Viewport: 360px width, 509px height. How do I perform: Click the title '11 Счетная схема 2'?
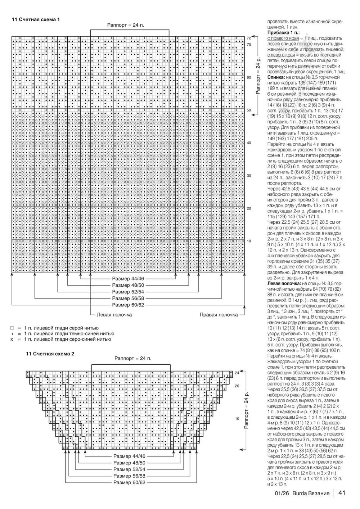pos(50,354)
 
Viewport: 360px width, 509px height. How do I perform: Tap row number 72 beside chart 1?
pos(249,38)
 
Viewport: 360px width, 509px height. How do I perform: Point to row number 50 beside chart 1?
pos(249,110)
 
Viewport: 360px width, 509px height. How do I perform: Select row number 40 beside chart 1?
pos(249,143)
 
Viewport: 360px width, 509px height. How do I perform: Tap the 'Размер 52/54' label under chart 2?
pos(129,469)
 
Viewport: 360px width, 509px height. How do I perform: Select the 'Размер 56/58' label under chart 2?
pos(129,476)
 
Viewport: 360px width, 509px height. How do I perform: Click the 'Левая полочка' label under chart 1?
pos(114,314)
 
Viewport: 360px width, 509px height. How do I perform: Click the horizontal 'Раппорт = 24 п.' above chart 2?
pos(133,358)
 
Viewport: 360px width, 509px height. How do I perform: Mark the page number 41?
pos(342,494)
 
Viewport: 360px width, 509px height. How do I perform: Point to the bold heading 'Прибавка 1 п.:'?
pos(283,32)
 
